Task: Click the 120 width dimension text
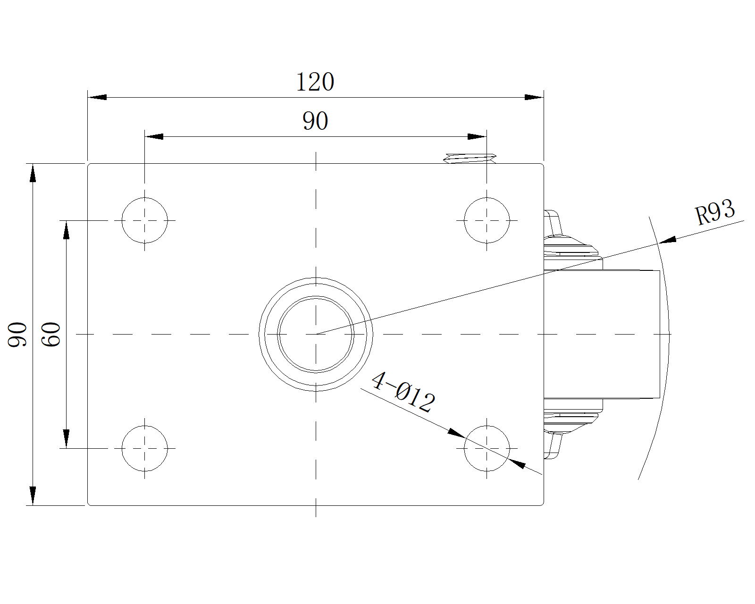pos(315,82)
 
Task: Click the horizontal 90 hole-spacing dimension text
pos(315,121)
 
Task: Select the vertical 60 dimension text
pos(51,335)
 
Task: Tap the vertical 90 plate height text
pos(17,335)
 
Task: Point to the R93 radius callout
pos(715,212)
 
